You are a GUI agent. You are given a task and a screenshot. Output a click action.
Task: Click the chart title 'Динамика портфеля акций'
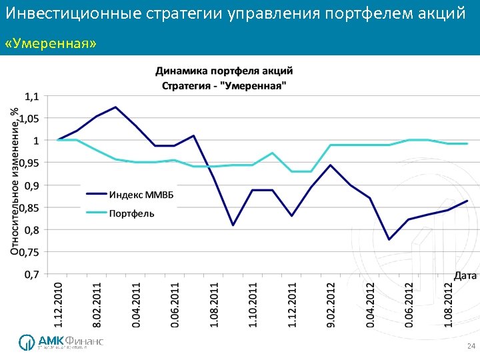pyautogui.click(x=224, y=71)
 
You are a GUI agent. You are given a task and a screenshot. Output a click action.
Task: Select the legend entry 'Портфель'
pyautogui.click(x=131, y=213)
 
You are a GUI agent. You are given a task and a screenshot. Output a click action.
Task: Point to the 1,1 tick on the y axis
pyautogui.click(x=31, y=96)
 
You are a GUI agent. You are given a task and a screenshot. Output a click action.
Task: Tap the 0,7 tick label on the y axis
pyautogui.click(x=31, y=274)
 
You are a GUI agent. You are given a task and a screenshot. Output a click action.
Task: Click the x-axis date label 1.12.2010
pyautogui.click(x=59, y=304)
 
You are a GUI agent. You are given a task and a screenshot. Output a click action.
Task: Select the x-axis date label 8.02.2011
pyautogui.click(x=97, y=304)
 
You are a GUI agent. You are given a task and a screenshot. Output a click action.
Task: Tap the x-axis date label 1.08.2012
pyautogui.click(x=449, y=304)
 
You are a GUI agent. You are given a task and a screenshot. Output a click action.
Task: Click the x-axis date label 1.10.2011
pyautogui.click(x=253, y=304)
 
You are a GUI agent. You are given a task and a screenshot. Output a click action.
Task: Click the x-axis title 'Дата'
pyautogui.click(x=465, y=275)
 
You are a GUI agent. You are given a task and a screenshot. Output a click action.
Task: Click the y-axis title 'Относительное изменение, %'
pyautogui.click(x=15, y=181)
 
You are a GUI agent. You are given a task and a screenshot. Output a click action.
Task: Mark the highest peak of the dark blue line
pyautogui.click(x=116, y=107)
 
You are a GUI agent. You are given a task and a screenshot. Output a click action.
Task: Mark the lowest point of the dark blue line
pyautogui.click(x=389, y=239)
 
